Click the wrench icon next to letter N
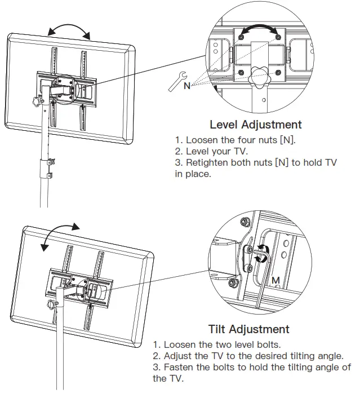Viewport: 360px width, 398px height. pyautogui.click(x=176, y=81)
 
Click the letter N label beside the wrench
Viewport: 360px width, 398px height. pyautogui.click(x=186, y=86)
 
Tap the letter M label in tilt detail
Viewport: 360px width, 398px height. pyautogui.click(x=275, y=280)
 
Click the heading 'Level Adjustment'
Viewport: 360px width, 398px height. pyautogui.click(x=255, y=125)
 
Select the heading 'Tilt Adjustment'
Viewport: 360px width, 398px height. pyautogui.click(x=248, y=329)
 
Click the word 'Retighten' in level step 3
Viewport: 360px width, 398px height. pyautogui.click(x=208, y=163)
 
